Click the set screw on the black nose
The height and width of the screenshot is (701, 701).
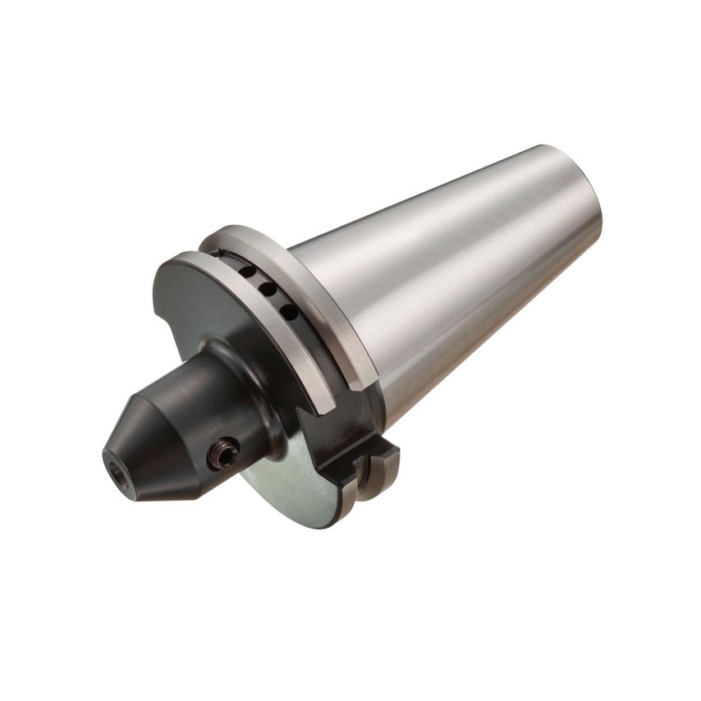click(223, 451)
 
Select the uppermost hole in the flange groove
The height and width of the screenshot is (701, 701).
click(246, 272)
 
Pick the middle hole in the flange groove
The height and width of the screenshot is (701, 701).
click(268, 291)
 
